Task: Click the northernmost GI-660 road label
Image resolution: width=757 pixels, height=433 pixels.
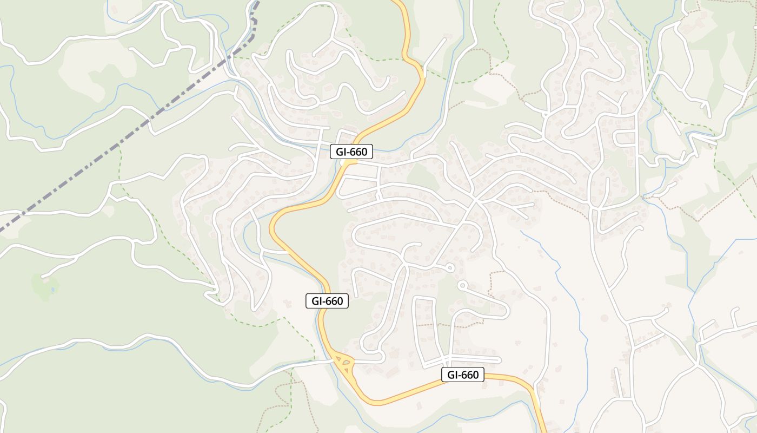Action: click(351, 152)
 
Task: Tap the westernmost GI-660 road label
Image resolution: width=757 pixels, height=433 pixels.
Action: click(327, 301)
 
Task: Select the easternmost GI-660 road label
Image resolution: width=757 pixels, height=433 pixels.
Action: click(463, 375)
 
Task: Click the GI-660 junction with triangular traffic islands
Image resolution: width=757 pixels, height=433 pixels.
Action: click(344, 363)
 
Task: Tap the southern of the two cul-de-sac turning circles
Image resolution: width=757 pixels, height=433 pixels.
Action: click(461, 284)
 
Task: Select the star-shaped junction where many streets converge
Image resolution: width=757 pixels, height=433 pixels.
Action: click(475, 200)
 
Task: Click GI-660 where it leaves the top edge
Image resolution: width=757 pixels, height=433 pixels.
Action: click(399, 2)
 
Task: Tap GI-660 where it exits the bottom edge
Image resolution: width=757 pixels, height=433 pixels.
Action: click(543, 431)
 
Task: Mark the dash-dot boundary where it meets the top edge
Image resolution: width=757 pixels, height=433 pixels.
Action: click(257, 2)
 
